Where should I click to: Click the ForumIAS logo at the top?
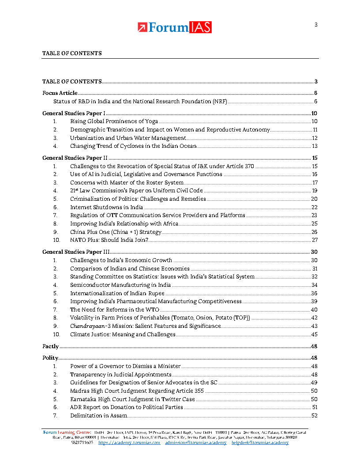pos(175,27)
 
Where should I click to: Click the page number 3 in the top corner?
pos(316,25)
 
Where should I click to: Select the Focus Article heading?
pos(60,93)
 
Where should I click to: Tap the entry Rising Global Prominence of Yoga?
pos(114,121)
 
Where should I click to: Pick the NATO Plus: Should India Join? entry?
pos(109,240)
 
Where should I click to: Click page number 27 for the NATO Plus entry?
pos(315,240)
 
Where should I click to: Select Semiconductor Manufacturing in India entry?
pos(120,285)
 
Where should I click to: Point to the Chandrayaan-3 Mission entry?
pos(145,326)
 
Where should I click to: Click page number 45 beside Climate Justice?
pos(314,334)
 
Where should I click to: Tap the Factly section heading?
pos(50,346)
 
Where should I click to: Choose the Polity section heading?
pos(50,358)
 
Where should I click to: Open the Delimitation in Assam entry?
pos(98,416)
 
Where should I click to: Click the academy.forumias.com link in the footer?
pos(129,443)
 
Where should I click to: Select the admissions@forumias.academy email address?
pos(196,443)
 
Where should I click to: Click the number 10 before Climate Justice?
pos(56,334)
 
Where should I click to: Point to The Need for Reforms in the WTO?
pos(115,310)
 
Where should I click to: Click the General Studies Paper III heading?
pos(76,252)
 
